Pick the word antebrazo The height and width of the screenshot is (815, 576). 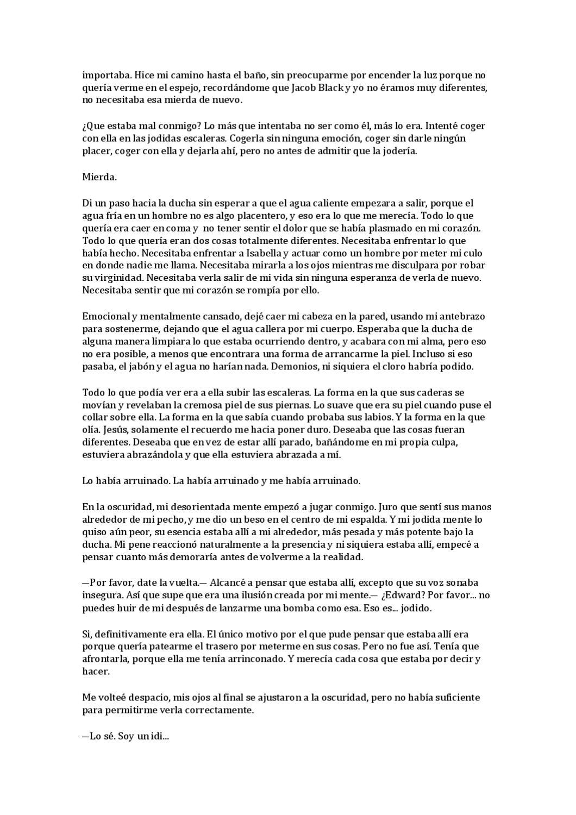[463, 316]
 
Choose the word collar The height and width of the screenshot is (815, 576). [95, 417]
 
